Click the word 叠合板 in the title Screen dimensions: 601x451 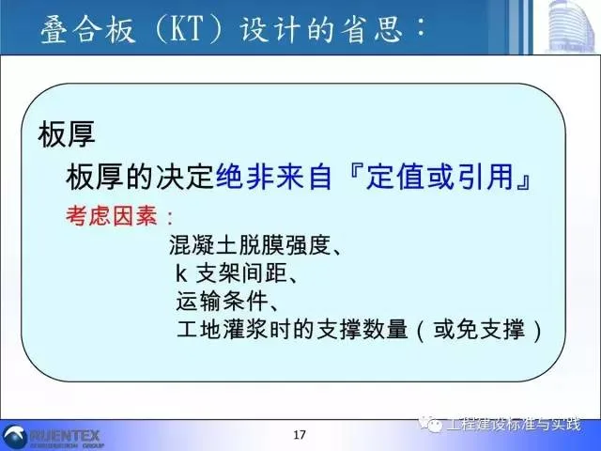tap(87, 29)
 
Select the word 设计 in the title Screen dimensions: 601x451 tap(270, 29)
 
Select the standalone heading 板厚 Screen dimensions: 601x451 tap(67, 134)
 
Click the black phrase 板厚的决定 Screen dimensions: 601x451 tap(140, 178)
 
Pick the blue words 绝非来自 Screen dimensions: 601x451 tap(273, 178)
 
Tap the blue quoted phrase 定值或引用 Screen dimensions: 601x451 tap(439, 178)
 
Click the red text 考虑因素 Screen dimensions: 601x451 tap(111, 215)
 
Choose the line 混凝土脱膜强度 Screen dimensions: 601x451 tap(250, 245)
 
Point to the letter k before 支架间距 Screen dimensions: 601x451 tap(180, 273)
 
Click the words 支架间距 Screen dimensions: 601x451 tap(241, 273)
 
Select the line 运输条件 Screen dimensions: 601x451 tap(222, 302)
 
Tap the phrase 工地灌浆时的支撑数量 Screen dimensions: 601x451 tap(292, 330)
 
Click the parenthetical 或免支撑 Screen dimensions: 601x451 tap(479, 330)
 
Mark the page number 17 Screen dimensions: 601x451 tap(300, 435)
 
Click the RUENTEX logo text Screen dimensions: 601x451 tap(65, 436)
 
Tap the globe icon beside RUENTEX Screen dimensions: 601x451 tap(14, 437)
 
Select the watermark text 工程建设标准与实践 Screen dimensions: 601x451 tap(514, 425)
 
